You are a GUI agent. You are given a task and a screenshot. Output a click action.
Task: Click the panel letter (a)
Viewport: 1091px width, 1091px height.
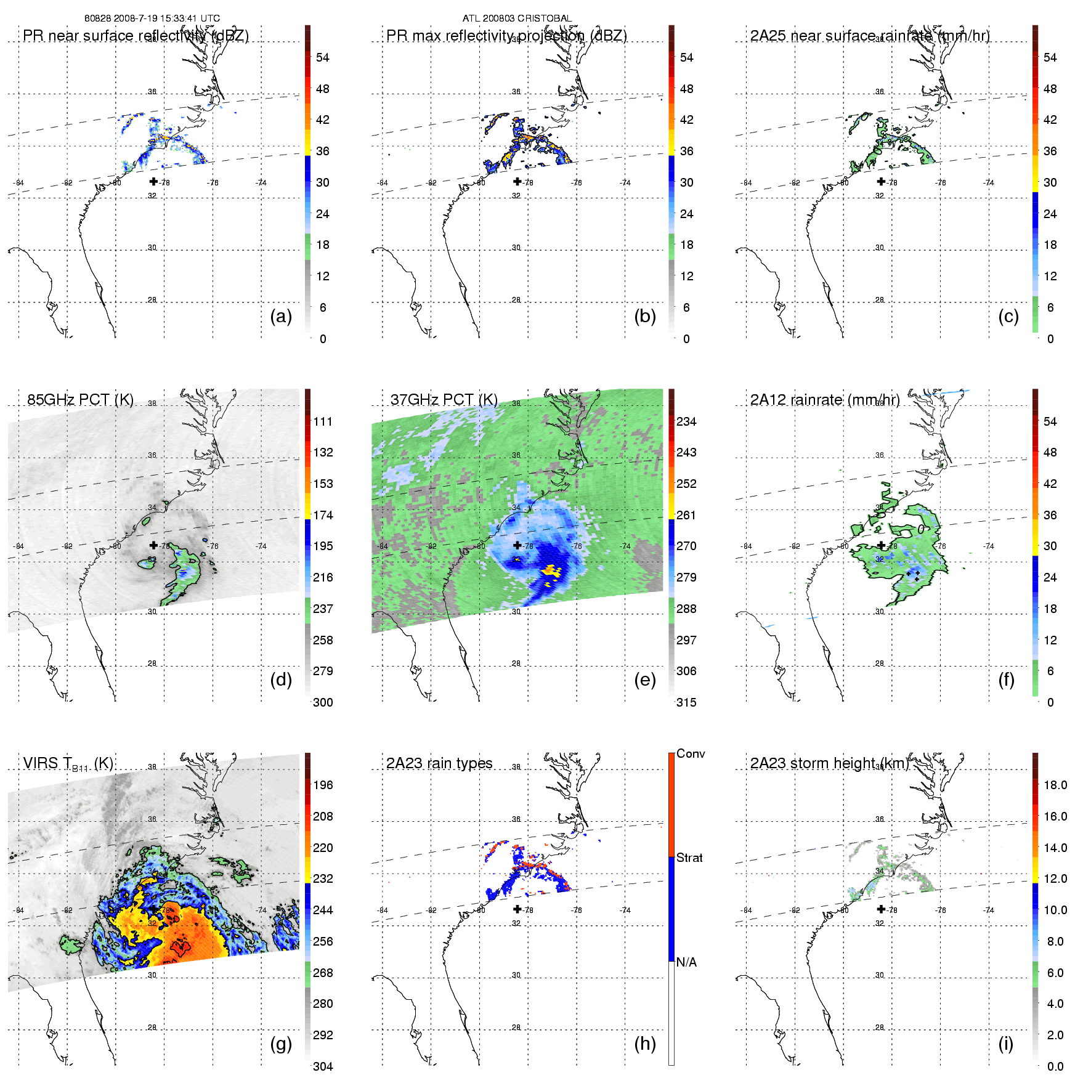tap(281, 317)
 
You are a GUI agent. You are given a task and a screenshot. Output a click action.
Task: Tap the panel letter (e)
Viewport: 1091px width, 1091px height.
tap(644, 680)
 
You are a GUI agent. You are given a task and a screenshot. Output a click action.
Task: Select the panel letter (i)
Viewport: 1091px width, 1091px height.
tap(1005, 1044)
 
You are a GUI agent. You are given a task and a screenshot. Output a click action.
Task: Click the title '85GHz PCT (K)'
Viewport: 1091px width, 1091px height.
tap(80, 400)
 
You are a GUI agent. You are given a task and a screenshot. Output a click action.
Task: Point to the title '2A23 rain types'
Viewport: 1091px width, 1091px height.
tap(439, 763)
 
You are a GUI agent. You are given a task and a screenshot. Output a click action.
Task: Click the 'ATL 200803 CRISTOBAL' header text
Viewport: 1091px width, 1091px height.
tap(517, 18)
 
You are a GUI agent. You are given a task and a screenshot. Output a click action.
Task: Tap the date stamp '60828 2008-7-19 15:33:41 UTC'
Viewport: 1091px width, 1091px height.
tap(152, 18)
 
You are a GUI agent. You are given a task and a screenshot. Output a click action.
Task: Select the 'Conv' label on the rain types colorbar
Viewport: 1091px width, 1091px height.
tap(691, 754)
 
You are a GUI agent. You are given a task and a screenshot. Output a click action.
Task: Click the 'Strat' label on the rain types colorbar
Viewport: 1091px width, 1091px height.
tap(689, 858)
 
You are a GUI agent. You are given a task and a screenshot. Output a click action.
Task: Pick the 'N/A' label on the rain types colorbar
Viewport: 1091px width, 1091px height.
tap(686, 962)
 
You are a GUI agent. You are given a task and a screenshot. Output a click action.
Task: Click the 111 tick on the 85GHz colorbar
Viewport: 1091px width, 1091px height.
tap(323, 421)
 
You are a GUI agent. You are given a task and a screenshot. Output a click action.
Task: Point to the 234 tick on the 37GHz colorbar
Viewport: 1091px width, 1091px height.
tap(686, 421)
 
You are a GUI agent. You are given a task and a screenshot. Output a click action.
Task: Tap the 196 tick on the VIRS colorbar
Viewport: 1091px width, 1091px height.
tap(323, 785)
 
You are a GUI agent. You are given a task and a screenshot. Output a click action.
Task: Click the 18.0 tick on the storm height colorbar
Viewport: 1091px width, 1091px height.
tap(1055, 785)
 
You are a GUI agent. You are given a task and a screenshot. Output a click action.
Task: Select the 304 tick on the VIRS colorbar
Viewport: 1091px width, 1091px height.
tap(323, 1066)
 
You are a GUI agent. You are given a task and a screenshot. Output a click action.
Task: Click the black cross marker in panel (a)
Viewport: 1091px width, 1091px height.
tap(153, 182)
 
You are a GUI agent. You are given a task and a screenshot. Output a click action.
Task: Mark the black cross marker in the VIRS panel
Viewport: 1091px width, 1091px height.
tap(153, 909)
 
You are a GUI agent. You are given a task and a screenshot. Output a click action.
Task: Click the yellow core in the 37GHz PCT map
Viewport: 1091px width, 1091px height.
tap(550, 571)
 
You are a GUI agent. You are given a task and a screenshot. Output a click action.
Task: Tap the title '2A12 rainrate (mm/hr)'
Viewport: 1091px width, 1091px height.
tap(825, 400)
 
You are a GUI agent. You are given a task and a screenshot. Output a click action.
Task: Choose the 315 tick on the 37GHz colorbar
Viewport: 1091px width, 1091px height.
tap(686, 703)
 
